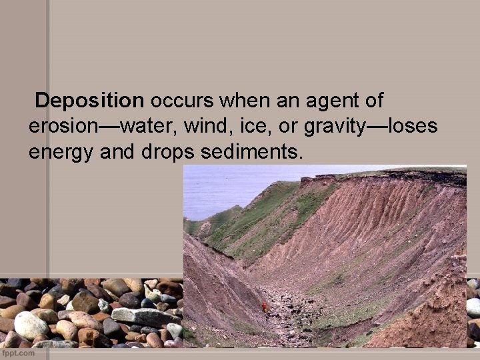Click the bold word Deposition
89,101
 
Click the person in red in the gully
265,307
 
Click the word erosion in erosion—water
61,127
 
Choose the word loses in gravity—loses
413,127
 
